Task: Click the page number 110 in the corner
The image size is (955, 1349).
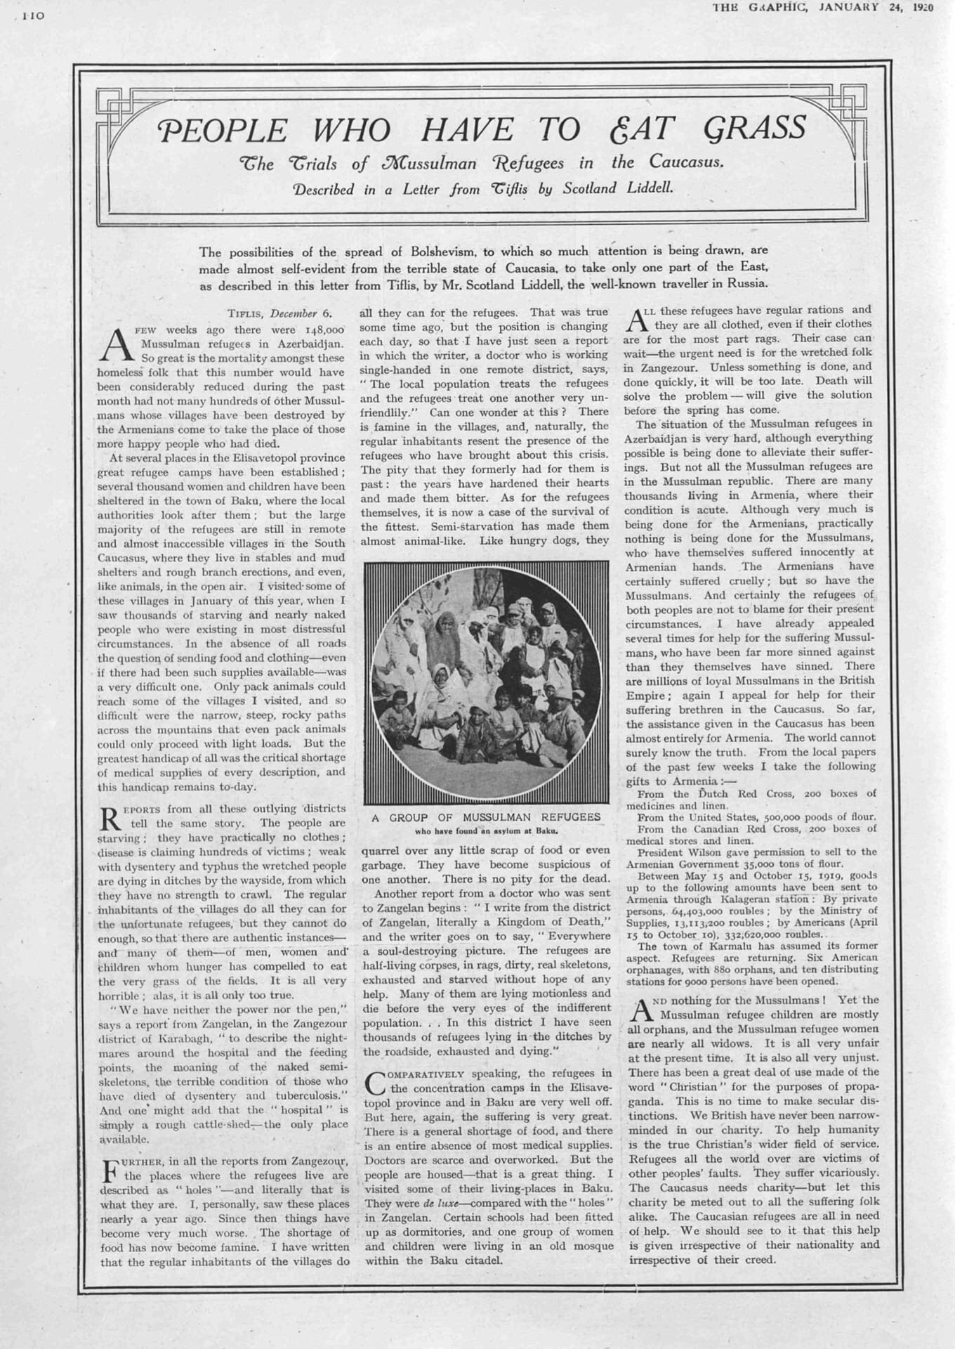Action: tap(32, 14)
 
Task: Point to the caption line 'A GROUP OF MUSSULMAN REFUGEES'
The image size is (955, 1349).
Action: tap(486, 817)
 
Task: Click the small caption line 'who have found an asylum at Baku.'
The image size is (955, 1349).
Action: tap(486, 830)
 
